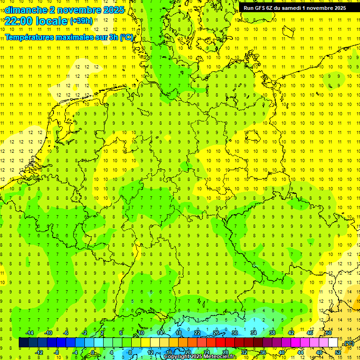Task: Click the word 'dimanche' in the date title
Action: point(23,10)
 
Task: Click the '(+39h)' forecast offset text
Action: point(81,21)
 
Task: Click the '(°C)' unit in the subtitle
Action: point(126,37)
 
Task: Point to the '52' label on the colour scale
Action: point(338,352)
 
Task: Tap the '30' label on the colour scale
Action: point(234,333)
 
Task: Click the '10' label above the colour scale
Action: point(141,333)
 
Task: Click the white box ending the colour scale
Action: point(333,343)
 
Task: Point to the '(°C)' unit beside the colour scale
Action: point(349,343)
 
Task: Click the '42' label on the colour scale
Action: point(291,333)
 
